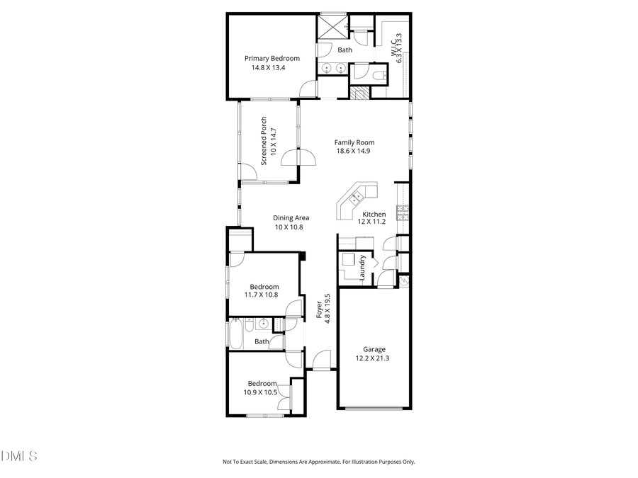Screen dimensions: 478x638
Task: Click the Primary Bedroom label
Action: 272,58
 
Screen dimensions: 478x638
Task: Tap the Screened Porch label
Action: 264,141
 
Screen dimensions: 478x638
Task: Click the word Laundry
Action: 362,268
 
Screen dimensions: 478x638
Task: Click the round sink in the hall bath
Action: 263,324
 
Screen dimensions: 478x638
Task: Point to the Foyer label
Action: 319,309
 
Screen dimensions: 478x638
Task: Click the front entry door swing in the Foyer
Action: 323,360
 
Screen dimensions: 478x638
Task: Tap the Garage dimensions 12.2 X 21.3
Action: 374,358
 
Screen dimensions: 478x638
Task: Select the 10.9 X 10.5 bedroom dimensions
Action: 262,392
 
